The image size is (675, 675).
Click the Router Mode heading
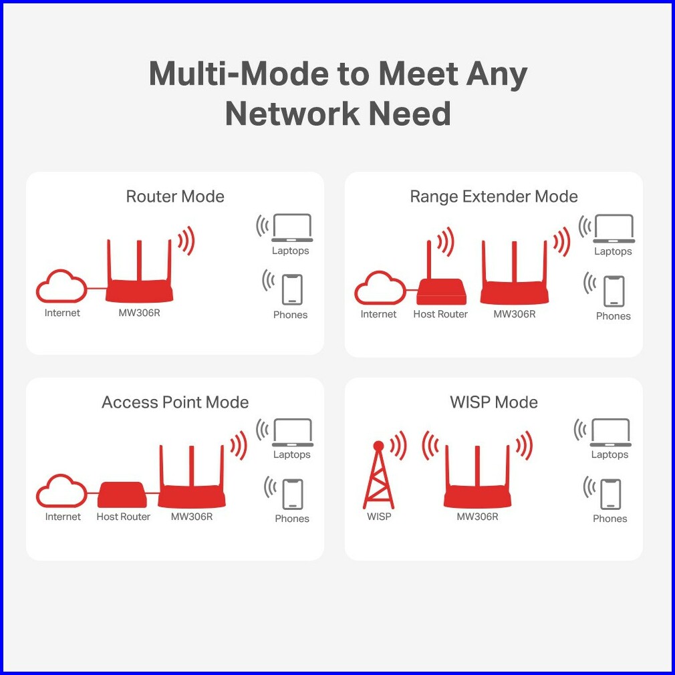[x=175, y=196]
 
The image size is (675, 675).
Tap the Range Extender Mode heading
[x=493, y=196]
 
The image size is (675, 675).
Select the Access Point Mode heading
[x=175, y=402]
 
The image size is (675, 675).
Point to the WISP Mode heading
[x=493, y=402]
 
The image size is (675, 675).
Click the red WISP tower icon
[x=378, y=476]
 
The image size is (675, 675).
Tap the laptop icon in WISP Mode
[x=610, y=432]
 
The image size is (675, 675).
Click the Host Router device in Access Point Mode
[x=122, y=495]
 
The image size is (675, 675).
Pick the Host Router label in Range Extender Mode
[x=440, y=314]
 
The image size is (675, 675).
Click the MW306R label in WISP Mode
[x=477, y=517]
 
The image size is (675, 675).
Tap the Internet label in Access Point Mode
[x=63, y=517]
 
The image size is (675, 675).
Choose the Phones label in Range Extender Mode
[x=613, y=316]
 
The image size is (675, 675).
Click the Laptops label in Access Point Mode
[x=292, y=454]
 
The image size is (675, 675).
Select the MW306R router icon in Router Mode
[x=139, y=281]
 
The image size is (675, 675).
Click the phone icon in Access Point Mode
[x=292, y=494]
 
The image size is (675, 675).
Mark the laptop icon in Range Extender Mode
[x=614, y=229]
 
